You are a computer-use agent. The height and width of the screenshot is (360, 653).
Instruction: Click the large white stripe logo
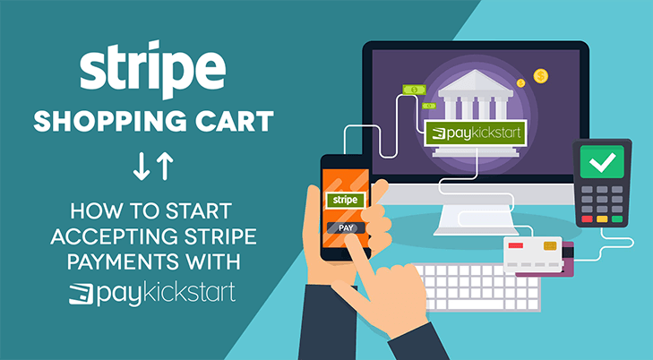point(153,69)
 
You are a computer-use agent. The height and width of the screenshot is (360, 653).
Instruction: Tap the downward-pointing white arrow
point(142,167)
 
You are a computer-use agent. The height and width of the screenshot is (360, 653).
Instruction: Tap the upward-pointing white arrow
point(165,167)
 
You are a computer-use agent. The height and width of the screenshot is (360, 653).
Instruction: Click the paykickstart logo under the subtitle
point(152,294)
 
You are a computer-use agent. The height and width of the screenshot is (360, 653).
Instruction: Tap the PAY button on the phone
point(346,228)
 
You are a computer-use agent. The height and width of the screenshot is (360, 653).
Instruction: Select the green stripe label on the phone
point(345,201)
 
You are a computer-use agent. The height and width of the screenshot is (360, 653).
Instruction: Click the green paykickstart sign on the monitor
point(475,133)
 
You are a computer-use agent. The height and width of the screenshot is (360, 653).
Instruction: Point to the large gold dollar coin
point(540,76)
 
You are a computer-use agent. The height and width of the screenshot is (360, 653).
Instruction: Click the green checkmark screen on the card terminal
point(602,162)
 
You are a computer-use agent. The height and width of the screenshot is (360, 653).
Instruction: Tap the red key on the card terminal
point(588,219)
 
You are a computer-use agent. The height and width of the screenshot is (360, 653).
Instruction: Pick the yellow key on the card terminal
point(602,219)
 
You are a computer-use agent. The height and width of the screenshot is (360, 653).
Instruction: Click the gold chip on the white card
point(550,246)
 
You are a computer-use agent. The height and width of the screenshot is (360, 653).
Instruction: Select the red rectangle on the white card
point(516,245)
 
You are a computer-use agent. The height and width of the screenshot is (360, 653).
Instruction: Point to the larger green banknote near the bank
point(414,90)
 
